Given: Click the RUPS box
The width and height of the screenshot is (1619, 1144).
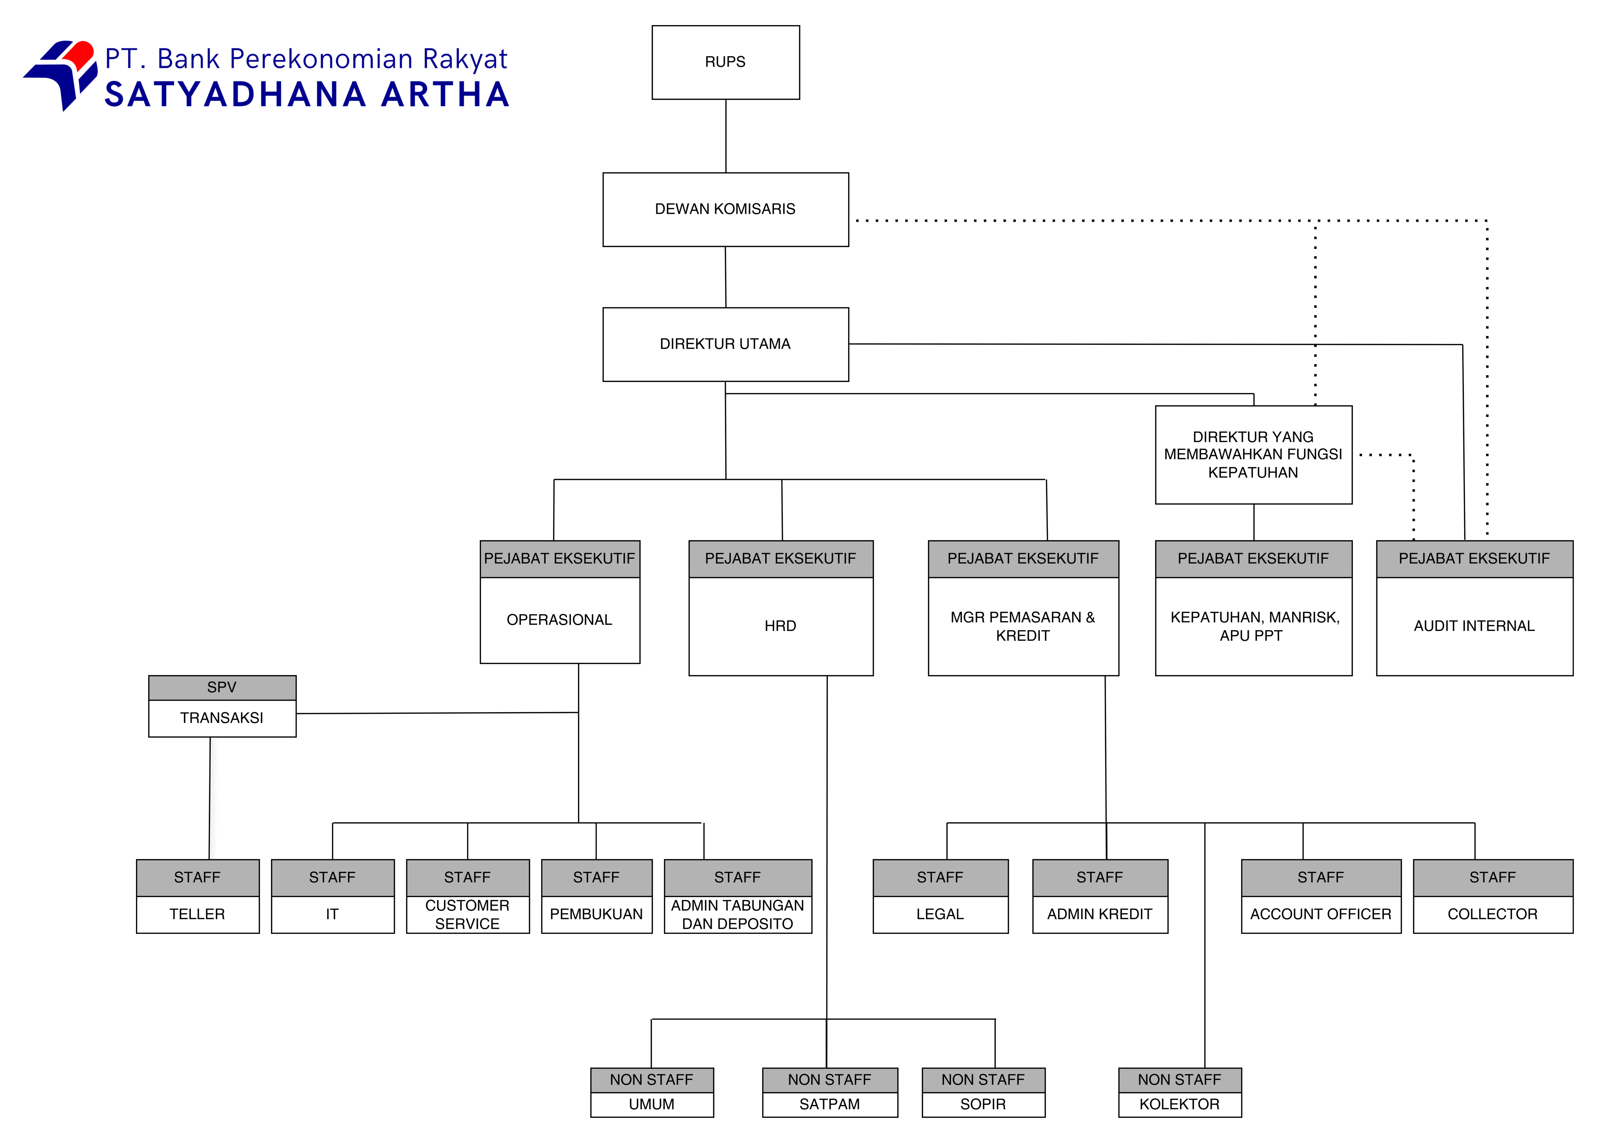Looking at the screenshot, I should coord(726,62).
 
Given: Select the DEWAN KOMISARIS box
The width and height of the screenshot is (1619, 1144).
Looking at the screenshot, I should coord(726,209).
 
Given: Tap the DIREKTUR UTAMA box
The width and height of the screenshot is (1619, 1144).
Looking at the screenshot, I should coord(726,344).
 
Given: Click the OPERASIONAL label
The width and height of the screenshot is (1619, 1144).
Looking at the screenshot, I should coord(559,620).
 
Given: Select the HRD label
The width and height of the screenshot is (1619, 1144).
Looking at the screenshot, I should coord(780,626).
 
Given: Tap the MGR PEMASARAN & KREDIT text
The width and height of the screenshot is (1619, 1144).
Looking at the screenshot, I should coord(1022,626).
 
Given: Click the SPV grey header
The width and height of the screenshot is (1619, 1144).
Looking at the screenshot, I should coord(222,687).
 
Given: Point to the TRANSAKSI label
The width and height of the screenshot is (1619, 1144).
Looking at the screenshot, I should coord(222,718).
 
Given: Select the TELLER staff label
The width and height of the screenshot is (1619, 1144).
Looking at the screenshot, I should coord(197,914).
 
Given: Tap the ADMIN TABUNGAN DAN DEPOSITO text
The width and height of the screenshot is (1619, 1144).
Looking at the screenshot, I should coord(737,914).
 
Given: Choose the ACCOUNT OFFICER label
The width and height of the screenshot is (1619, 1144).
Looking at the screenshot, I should coord(1321,914).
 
